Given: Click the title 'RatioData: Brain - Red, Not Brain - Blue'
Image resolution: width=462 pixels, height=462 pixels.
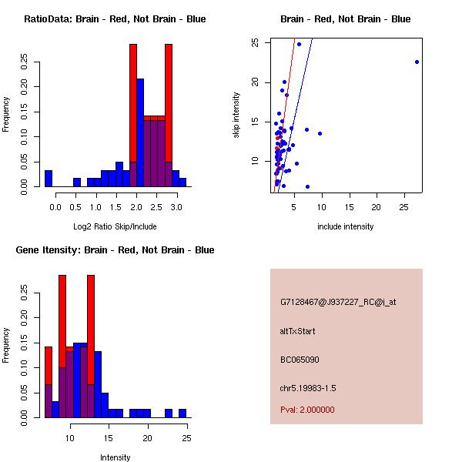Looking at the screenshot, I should (x=115, y=19).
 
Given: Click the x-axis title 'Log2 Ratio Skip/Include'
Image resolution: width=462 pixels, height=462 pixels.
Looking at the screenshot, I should (x=115, y=226).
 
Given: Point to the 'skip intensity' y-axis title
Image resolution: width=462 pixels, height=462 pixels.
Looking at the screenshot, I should (x=236, y=115).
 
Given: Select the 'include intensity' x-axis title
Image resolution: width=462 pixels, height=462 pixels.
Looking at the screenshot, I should (x=346, y=226).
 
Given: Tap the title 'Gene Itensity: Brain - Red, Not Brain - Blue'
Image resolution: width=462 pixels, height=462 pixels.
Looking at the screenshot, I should (x=115, y=250).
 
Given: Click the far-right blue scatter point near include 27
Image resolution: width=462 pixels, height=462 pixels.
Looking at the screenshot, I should (x=417, y=62).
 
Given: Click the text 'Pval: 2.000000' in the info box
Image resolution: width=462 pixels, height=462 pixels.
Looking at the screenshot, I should (x=307, y=410).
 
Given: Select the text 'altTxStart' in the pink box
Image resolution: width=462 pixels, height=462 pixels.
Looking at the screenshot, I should (x=297, y=331).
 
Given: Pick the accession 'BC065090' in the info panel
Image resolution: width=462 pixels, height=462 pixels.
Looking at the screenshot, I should (x=300, y=359).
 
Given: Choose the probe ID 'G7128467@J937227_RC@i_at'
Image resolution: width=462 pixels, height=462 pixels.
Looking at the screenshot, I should (x=338, y=303).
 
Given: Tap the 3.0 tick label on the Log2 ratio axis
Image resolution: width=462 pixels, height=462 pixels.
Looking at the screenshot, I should (x=176, y=208).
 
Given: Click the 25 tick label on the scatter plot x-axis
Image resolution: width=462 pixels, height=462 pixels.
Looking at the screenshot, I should (x=405, y=208).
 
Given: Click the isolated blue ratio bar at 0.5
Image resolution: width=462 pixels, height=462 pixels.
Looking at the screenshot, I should (x=77, y=182).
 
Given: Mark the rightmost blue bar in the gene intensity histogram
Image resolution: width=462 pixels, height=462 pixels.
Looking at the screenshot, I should (x=182, y=413).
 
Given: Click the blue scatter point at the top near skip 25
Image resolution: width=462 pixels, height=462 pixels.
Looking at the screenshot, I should (x=299, y=44).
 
